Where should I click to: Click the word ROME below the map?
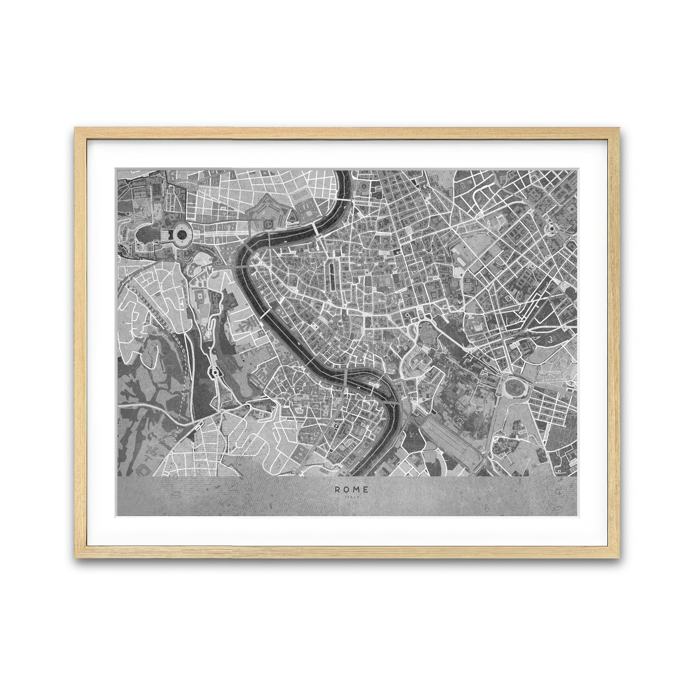pos(351,490)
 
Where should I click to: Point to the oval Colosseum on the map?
pos(513,387)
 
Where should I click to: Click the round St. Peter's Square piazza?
pos(181,235)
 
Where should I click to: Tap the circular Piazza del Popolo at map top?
pos(364,187)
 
